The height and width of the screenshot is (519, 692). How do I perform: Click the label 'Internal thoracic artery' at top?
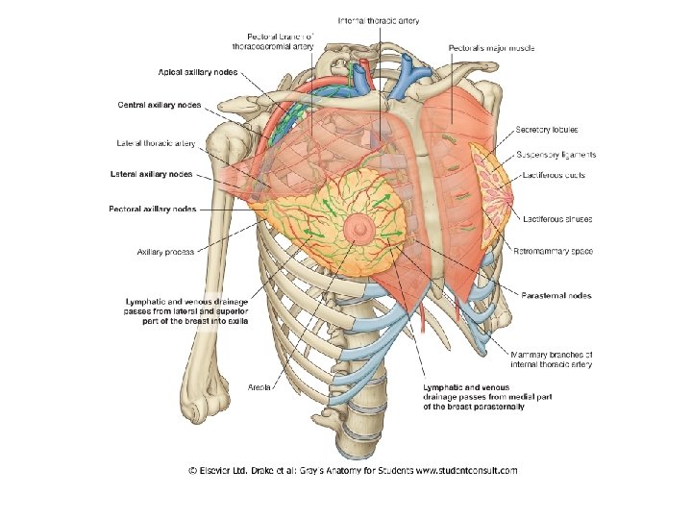(x=378, y=20)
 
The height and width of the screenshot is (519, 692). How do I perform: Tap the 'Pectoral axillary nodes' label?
(x=152, y=209)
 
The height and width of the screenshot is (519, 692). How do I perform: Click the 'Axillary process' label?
(x=166, y=252)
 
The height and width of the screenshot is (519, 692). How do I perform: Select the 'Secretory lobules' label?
(x=546, y=130)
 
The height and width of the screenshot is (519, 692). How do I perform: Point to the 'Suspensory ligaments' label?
(x=556, y=154)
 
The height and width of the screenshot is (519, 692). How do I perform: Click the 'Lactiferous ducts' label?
(x=553, y=175)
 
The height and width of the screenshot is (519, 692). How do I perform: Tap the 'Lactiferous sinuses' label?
(x=556, y=219)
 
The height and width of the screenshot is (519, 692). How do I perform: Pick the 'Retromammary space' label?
(x=554, y=251)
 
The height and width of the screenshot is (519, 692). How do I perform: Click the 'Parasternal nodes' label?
(x=556, y=295)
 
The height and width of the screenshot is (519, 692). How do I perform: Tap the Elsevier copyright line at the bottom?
(x=353, y=470)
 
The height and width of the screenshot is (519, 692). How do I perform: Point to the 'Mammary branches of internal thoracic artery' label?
(x=551, y=358)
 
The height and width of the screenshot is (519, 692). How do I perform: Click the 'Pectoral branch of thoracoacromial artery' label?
(x=273, y=40)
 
